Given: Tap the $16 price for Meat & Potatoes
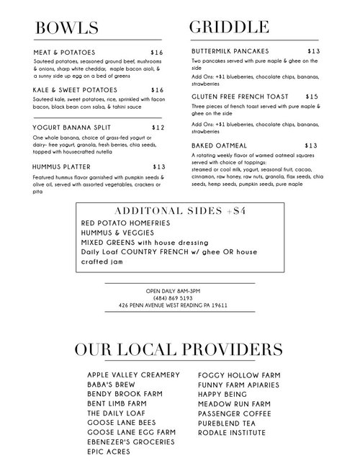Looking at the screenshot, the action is (157, 53).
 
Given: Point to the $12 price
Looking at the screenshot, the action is (158, 127).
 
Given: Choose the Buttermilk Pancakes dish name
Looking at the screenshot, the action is (230, 52).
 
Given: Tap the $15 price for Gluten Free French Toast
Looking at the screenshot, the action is (312, 96).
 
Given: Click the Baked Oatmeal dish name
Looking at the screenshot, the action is (220, 145).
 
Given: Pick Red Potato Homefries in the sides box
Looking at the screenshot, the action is (125, 223).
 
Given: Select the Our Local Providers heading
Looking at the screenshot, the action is (179, 350).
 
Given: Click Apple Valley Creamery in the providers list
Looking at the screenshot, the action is (133, 375).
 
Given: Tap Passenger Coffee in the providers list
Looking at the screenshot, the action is (235, 413).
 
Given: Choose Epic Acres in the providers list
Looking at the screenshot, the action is (109, 452).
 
